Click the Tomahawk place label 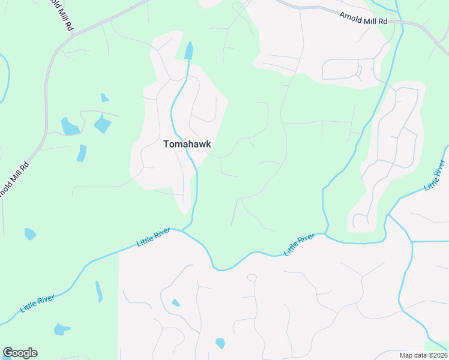click(x=187, y=144)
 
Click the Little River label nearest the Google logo click(x=37, y=303)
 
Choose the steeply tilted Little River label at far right click(x=435, y=175)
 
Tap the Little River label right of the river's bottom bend click(x=300, y=245)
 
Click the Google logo click(x=20, y=353)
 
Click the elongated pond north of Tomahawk click(x=189, y=50)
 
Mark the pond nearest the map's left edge click(x=30, y=233)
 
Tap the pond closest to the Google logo click(x=62, y=329)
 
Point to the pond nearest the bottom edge click(x=220, y=343)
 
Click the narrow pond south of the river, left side click(x=98, y=292)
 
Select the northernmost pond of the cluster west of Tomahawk click(x=104, y=98)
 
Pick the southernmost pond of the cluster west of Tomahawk click(x=82, y=153)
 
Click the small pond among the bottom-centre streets click(x=175, y=303)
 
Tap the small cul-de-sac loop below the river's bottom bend click(x=252, y=278)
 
